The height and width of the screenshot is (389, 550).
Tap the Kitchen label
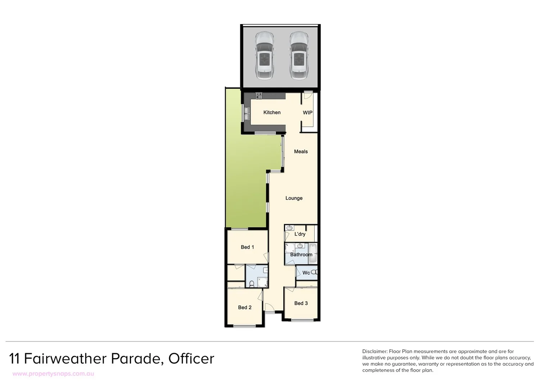[x=272, y=112]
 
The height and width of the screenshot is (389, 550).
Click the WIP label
[x=307, y=112]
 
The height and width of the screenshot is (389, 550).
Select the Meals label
[x=301, y=151]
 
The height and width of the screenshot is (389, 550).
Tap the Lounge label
[x=294, y=198]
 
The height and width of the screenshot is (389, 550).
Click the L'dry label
[x=300, y=234]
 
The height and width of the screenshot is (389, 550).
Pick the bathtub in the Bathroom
[x=313, y=253]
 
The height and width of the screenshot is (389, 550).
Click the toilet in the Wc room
[x=315, y=273]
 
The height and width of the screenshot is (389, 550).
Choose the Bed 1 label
[x=247, y=247]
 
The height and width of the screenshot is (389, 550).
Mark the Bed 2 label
[x=245, y=307]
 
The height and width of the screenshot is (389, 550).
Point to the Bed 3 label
[x=301, y=303]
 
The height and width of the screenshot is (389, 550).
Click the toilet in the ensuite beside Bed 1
[x=252, y=284]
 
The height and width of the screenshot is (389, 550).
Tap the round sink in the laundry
[x=290, y=228]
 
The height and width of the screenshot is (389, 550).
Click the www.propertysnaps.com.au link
[x=53, y=374]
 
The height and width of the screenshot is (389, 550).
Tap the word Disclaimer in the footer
[x=375, y=351]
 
